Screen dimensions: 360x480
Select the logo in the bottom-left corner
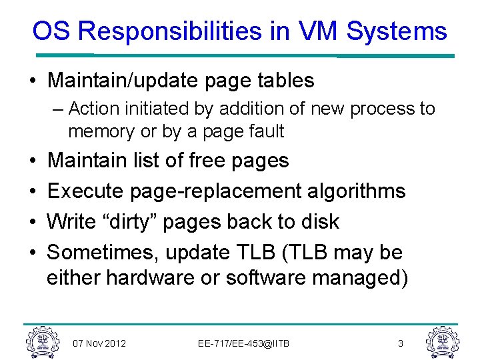(x=41, y=341)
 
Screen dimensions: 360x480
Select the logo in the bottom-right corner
(x=442, y=341)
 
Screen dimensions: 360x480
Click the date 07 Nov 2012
(x=99, y=343)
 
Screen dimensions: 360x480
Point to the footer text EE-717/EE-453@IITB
(x=243, y=343)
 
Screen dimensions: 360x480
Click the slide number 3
(x=400, y=343)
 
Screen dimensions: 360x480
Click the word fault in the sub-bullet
(x=267, y=131)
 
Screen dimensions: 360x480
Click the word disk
(x=321, y=221)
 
